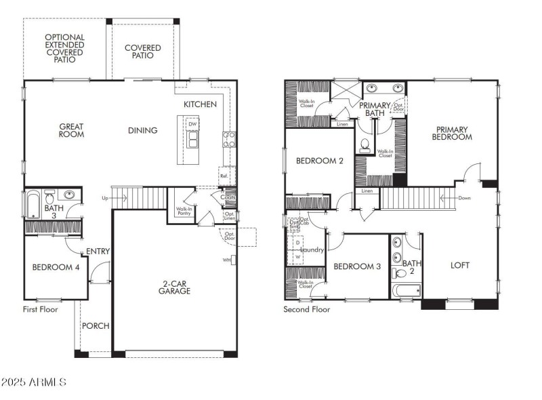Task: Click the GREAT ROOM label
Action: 71,129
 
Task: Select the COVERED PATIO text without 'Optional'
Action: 143,52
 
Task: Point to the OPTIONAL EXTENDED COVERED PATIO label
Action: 65,48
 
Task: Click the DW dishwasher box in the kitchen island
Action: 193,124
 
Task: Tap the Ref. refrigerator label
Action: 224,176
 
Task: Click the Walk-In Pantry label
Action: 183,212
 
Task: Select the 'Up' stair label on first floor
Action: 104,198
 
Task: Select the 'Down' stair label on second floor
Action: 464,198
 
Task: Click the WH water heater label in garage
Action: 226,260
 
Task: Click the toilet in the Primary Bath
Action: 364,144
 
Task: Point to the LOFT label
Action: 460,266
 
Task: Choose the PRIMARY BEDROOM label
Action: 453,133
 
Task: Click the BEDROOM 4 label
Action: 56,267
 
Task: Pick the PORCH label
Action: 96,326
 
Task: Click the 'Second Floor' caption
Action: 307,309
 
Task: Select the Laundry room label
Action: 312,249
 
